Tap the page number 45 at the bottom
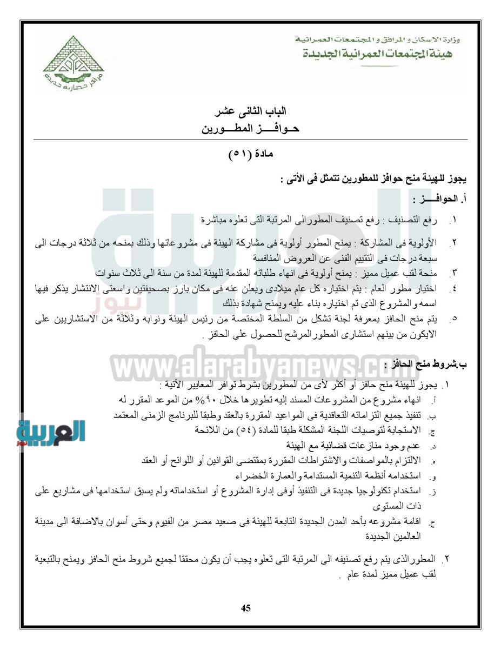point(246,607)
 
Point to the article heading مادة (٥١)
point(251,154)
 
